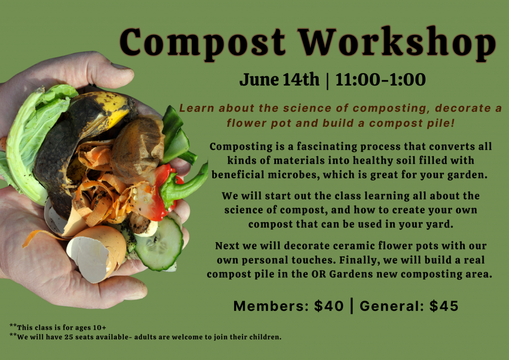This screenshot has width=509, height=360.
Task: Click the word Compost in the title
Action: pos(203,43)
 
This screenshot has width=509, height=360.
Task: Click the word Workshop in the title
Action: pos(397,43)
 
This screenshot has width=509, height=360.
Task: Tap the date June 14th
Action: pos(279,80)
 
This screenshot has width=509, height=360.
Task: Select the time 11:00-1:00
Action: pos(380,80)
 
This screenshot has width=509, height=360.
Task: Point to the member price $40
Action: pos(329,306)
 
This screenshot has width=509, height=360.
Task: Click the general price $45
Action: pos(444,306)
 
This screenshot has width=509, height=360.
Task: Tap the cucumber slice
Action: pos(159,244)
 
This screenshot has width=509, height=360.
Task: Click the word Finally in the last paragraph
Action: pos(360,260)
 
